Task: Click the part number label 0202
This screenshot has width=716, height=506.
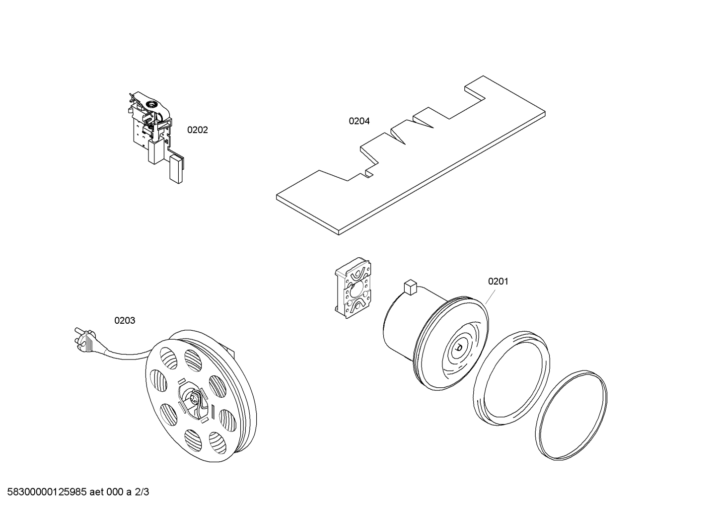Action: point(197,130)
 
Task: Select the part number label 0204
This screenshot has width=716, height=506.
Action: point(358,121)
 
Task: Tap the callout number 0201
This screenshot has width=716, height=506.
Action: point(498,282)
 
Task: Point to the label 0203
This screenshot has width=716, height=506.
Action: point(125,321)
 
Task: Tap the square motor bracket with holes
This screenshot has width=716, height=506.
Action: point(353,289)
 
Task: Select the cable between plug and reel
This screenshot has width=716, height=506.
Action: point(127,355)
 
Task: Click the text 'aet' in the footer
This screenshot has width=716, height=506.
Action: point(98,493)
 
